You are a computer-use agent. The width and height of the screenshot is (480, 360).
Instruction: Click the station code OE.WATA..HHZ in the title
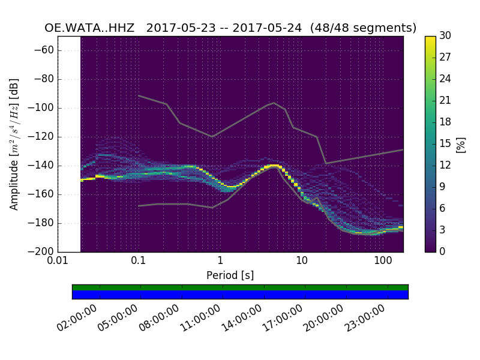[92, 28]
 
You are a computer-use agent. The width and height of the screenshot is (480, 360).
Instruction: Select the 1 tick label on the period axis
[220, 262]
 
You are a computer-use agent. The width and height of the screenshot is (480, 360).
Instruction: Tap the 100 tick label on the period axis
[383, 262]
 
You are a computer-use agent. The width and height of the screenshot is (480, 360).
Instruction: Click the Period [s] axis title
[230, 275]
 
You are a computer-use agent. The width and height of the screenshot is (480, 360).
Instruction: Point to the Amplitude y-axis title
[14, 144]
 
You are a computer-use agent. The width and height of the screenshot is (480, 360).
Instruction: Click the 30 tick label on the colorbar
[446, 36]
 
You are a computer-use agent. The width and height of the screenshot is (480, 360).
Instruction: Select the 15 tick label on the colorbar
[446, 143]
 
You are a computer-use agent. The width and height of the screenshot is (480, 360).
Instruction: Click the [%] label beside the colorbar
[461, 144]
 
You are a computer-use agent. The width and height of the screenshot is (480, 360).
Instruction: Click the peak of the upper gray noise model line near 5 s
[274, 103]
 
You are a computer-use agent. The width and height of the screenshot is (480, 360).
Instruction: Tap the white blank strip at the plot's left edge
[69, 144]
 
